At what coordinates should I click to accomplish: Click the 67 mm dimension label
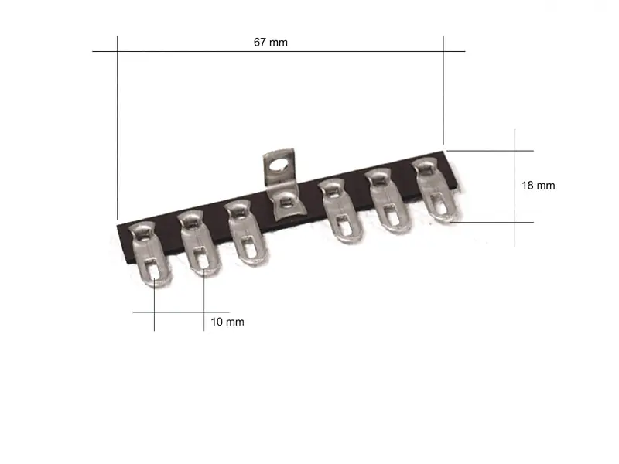270,42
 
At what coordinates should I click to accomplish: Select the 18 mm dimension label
539,186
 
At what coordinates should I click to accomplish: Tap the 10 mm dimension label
227,322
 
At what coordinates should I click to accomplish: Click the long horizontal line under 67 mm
279,52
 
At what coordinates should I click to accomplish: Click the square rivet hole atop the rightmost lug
425,166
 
